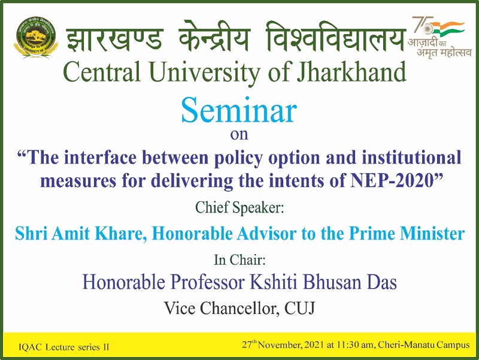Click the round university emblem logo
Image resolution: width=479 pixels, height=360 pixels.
[36, 37]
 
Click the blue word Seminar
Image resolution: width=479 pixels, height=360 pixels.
[239, 110]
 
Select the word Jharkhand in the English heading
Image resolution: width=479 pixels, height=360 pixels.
[351, 72]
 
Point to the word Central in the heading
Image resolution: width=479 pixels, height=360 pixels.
[102, 72]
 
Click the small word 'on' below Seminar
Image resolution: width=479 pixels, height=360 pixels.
[239, 134]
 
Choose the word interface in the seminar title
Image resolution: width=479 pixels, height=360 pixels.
[101, 158]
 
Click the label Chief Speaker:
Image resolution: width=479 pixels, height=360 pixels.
[239, 208]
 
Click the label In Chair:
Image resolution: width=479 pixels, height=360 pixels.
[239, 260]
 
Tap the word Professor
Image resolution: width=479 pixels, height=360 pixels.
[208, 282]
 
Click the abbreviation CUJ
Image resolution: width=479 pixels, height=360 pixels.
[300, 308]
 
